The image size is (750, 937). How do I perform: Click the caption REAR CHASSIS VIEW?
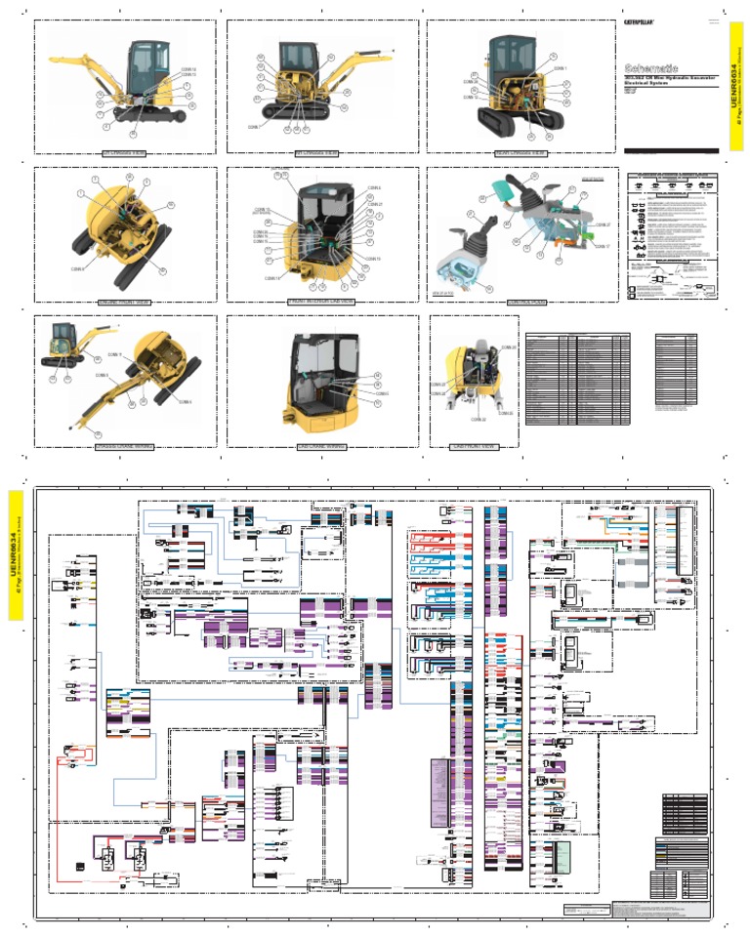click(521, 153)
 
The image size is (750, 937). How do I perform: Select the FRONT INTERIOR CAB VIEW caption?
click(321, 303)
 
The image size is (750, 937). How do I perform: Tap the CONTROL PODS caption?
click(525, 303)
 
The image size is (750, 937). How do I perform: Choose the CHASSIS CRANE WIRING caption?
click(126, 446)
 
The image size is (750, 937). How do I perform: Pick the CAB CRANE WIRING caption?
click(322, 446)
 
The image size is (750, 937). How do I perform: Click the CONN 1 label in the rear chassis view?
click(560, 69)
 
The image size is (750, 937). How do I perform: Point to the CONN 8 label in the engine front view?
click(77, 268)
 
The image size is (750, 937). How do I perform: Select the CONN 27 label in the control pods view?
click(602, 225)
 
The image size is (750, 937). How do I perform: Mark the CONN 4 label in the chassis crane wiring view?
click(186, 401)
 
